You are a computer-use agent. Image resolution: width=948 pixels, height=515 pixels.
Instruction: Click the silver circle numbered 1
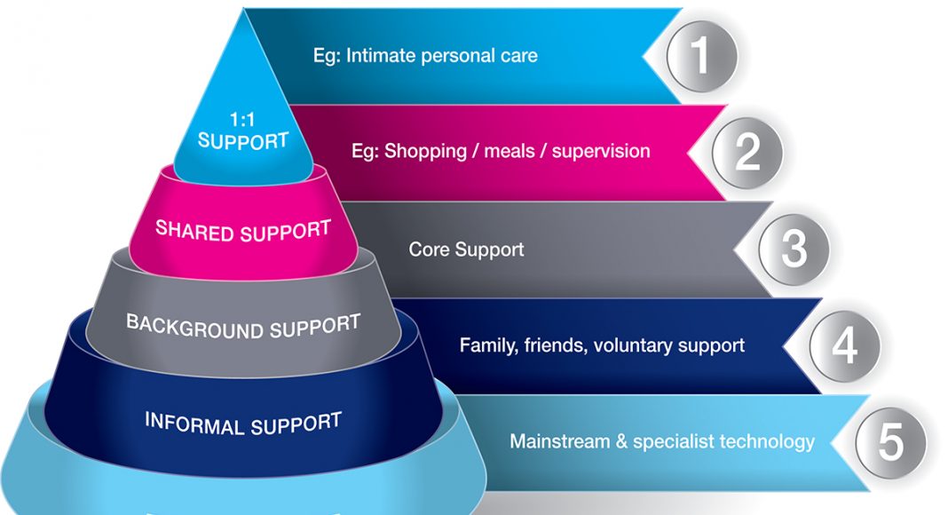click(702, 56)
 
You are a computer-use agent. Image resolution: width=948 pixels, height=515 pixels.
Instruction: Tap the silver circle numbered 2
click(747, 153)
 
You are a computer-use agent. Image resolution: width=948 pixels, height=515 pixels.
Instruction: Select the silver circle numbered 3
click(794, 249)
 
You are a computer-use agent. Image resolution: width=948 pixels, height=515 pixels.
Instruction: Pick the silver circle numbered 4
click(845, 346)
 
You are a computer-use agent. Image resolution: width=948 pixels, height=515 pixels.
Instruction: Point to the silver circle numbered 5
click(890, 442)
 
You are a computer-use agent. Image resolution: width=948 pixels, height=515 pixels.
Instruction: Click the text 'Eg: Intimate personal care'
click(425, 56)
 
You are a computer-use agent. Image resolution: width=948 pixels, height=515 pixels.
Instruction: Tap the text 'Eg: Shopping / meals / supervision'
click(501, 151)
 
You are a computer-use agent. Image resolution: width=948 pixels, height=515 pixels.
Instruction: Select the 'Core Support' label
click(466, 249)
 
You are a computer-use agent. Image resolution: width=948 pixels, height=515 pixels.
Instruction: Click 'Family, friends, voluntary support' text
click(602, 345)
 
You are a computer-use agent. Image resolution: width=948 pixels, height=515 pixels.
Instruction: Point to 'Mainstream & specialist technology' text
click(662, 441)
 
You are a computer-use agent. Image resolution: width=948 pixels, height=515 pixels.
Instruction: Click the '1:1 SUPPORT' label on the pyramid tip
click(242, 130)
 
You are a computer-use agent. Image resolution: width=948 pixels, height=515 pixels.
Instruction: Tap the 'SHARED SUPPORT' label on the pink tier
click(243, 231)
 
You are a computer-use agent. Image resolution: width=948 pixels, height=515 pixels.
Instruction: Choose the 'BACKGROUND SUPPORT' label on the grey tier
click(243, 327)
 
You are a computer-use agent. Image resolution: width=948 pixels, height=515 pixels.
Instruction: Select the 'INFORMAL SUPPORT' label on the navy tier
click(243, 424)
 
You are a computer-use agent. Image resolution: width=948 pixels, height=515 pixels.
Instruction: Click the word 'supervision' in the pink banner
click(601, 152)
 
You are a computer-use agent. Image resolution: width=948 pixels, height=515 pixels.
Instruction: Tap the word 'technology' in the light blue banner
click(768, 442)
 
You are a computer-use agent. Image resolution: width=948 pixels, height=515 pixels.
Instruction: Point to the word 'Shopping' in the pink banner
click(426, 152)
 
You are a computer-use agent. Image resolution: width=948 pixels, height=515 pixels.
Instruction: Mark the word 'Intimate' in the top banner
click(382, 56)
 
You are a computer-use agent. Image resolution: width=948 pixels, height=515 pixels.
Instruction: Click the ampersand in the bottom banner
click(621, 441)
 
